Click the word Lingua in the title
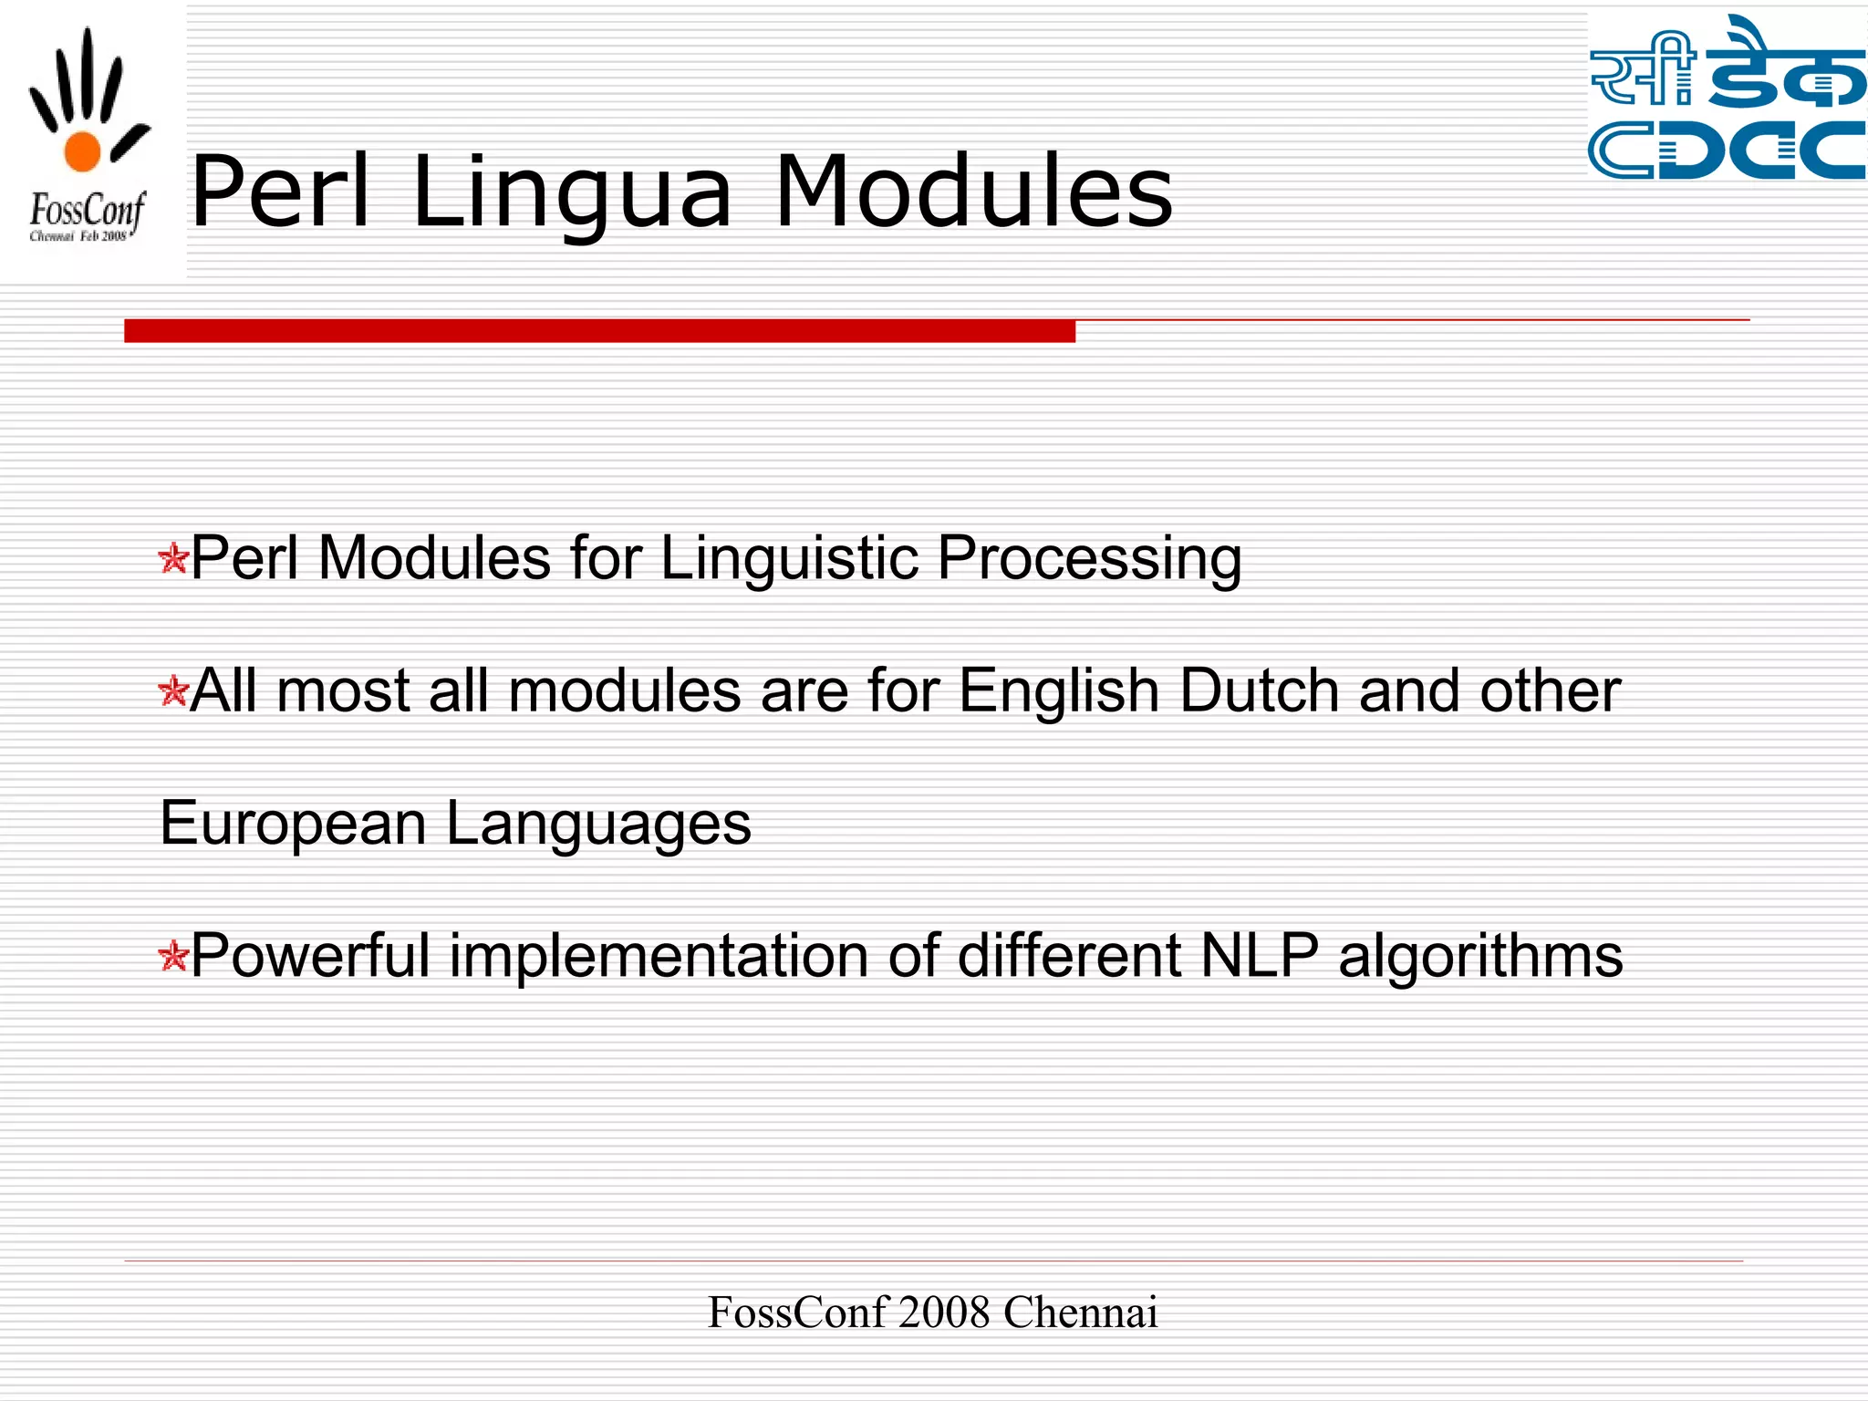click(572, 193)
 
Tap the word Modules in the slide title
click(973, 192)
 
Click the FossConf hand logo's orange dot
click(82, 151)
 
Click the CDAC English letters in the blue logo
click(1727, 150)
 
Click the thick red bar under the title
click(599, 331)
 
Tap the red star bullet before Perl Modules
click(172, 558)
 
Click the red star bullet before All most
click(172, 691)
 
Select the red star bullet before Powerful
click(172, 957)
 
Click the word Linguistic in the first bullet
click(789, 558)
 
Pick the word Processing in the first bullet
click(1089, 558)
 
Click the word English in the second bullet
click(1059, 690)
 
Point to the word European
click(293, 824)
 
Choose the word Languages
click(598, 824)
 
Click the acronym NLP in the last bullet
click(1260, 956)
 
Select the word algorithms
click(1480, 956)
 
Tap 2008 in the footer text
click(944, 1313)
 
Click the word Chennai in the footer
click(1080, 1313)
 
